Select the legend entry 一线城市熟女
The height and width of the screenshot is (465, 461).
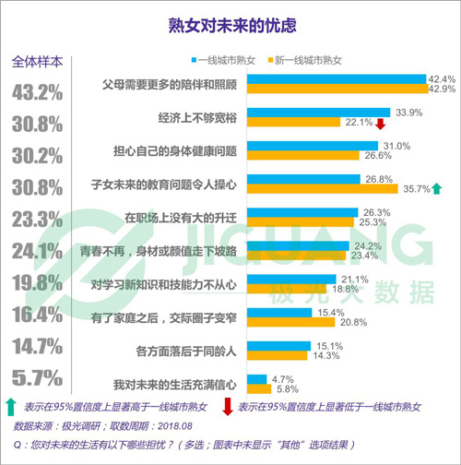[x=226, y=59]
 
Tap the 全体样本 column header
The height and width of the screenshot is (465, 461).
[x=38, y=63]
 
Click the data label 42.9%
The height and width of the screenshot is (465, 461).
[x=442, y=89]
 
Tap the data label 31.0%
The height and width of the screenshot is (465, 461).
[x=396, y=147]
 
